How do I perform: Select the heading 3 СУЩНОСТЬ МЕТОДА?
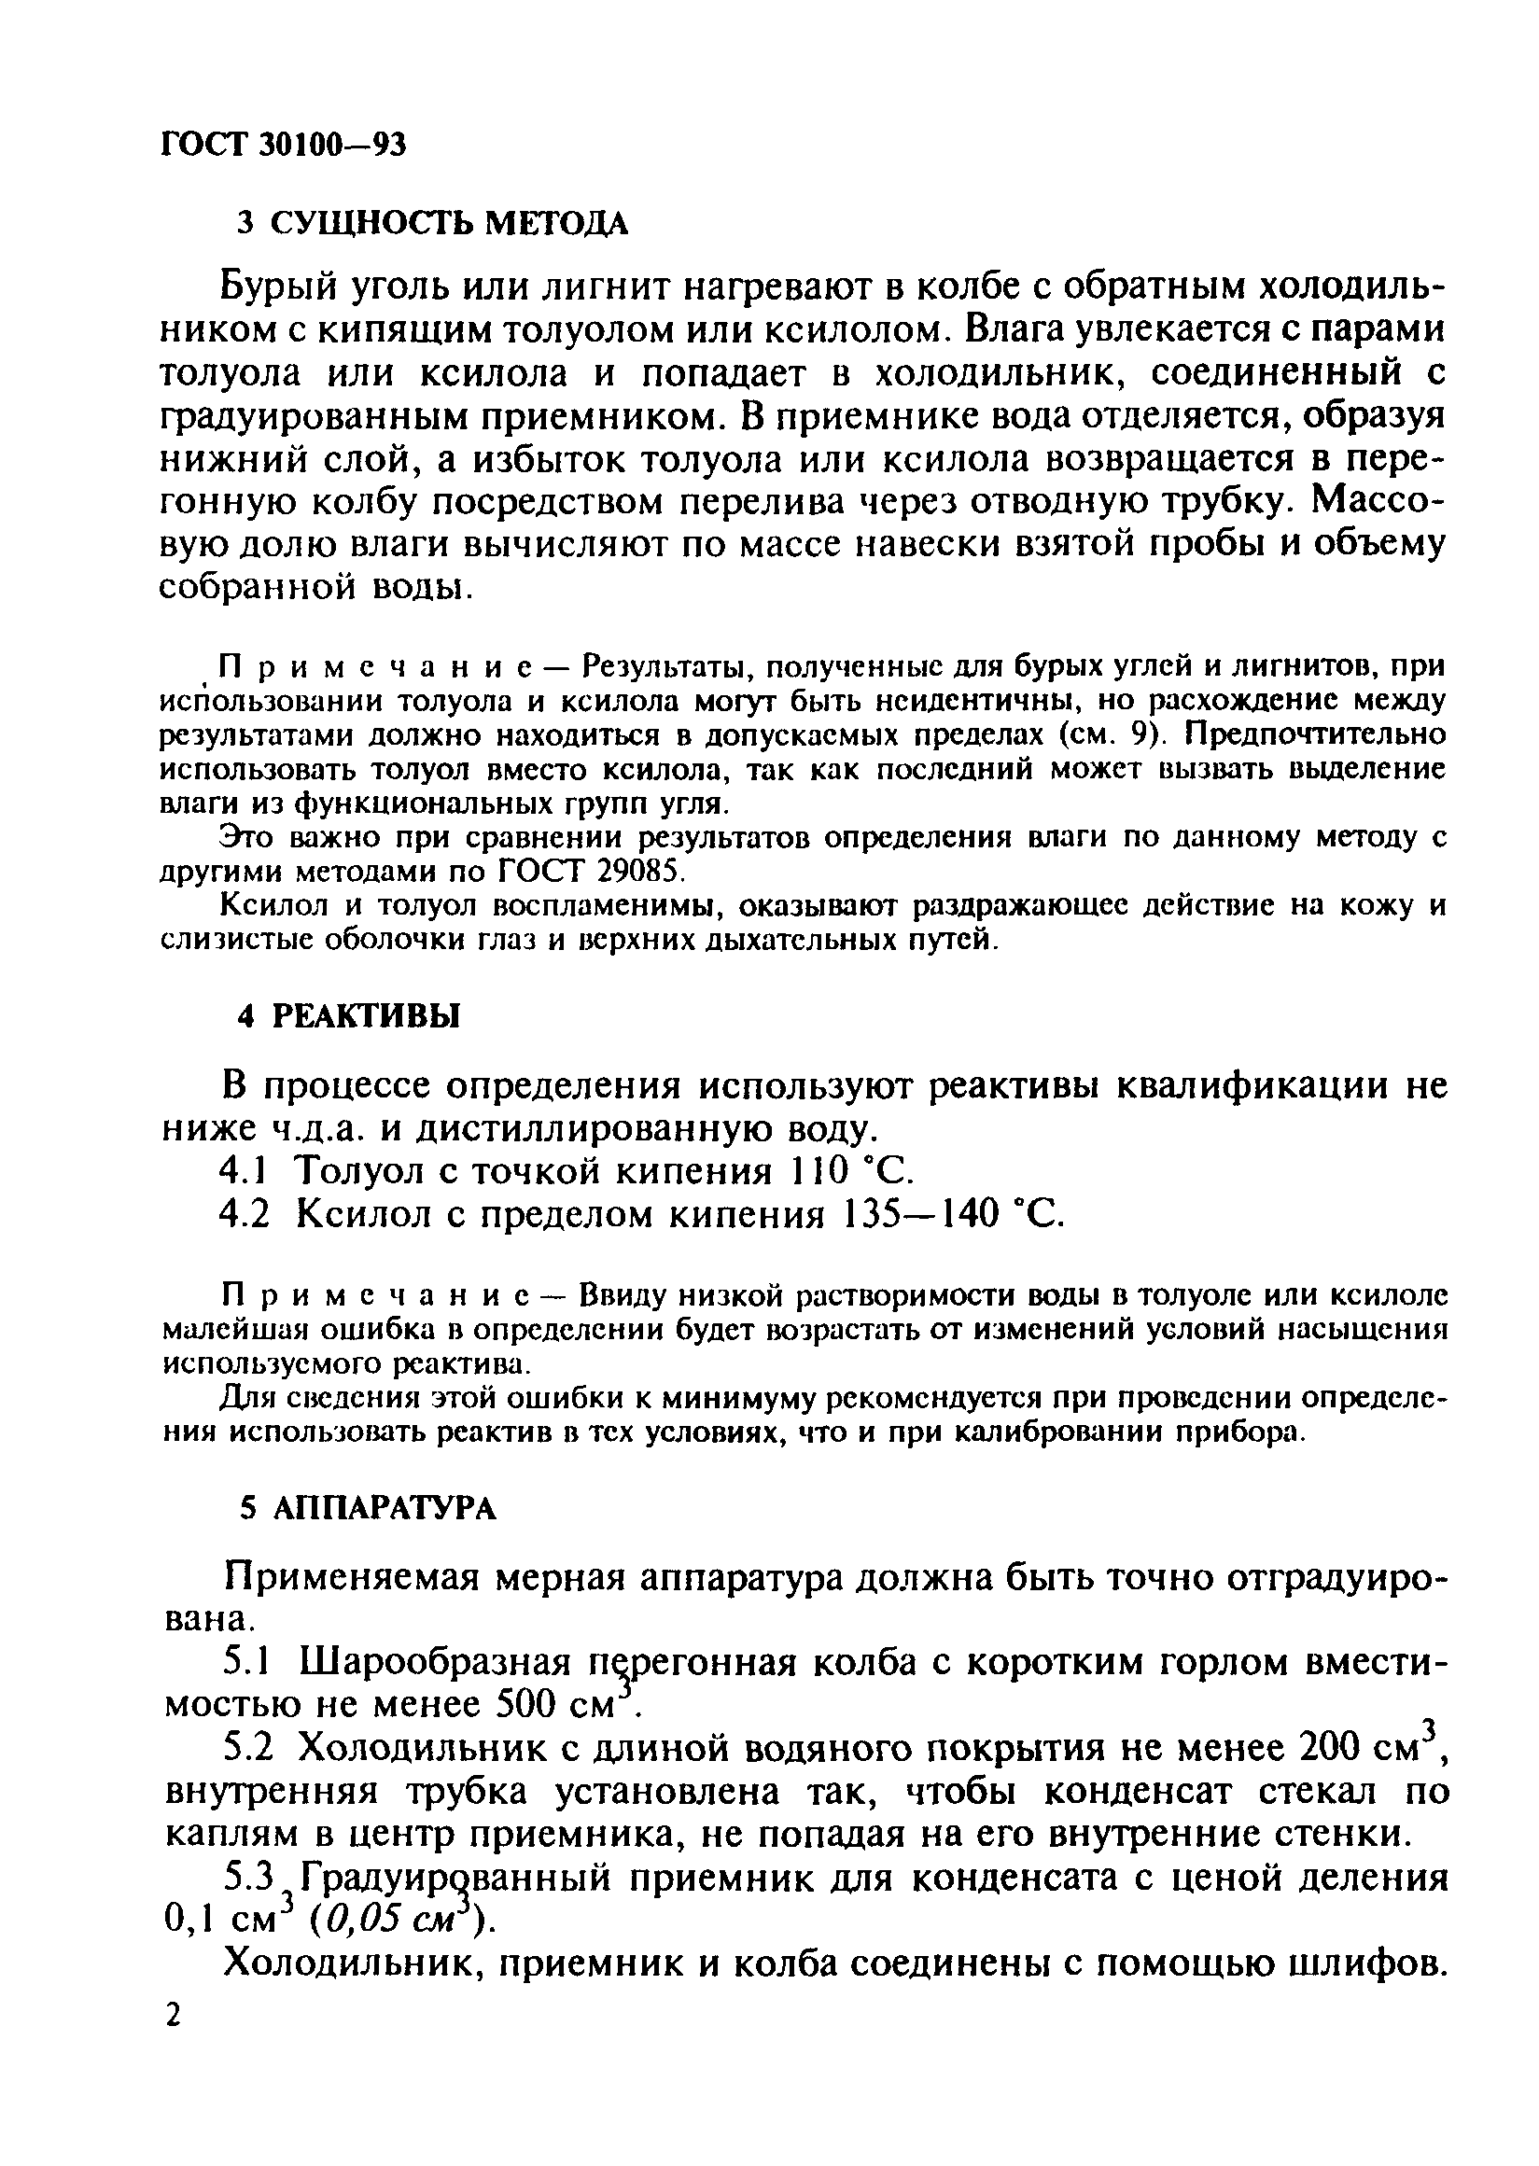[431, 224]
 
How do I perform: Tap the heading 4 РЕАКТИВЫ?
[348, 1015]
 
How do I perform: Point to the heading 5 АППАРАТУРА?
[368, 1508]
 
